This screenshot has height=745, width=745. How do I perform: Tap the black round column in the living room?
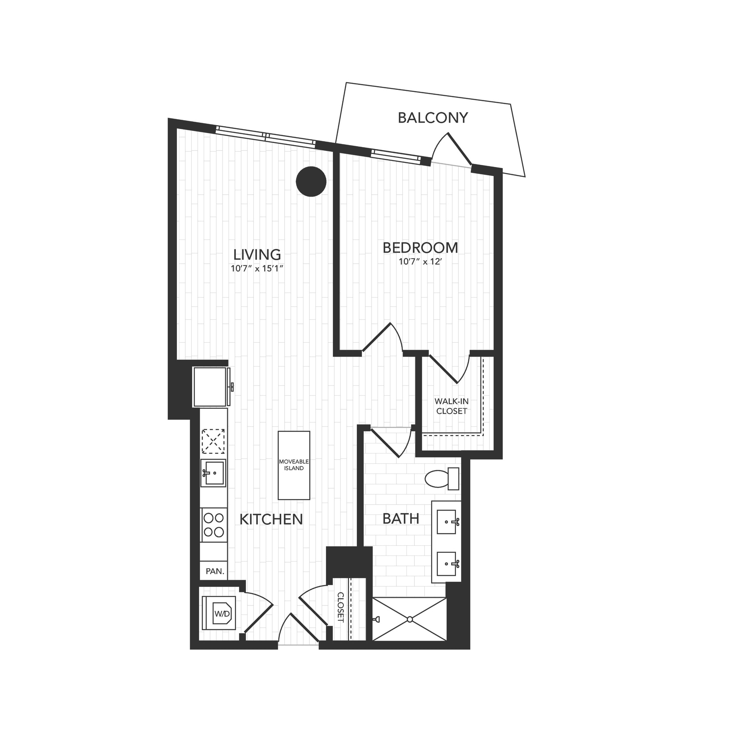[x=311, y=181]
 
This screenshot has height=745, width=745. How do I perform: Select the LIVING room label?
[x=257, y=255]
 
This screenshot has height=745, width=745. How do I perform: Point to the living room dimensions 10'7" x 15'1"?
[x=257, y=269]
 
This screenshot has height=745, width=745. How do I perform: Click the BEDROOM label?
[x=420, y=248]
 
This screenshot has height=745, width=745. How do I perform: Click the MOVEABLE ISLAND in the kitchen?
[x=294, y=465]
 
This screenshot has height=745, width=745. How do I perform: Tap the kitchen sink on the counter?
[x=213, y=473]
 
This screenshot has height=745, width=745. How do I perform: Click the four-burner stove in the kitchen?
[x=214, y=525]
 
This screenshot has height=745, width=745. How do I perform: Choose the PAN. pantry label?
[x=215, y=571]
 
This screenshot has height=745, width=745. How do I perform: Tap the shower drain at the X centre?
[x=410, y=619]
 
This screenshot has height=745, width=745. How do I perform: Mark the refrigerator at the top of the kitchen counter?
[x=211, y=387]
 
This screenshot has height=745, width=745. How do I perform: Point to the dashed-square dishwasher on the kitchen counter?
[x=214, y=441]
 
